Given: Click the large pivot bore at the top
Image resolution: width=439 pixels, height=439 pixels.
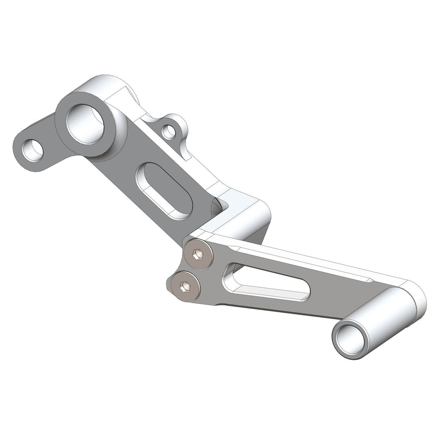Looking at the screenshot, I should coord(84,124).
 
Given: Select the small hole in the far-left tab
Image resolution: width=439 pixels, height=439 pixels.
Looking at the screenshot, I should coord(32,150).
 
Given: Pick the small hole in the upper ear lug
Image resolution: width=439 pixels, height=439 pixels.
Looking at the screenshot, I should coord(168,132).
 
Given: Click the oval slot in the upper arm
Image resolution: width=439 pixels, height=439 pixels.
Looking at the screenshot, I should coord(164,191).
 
